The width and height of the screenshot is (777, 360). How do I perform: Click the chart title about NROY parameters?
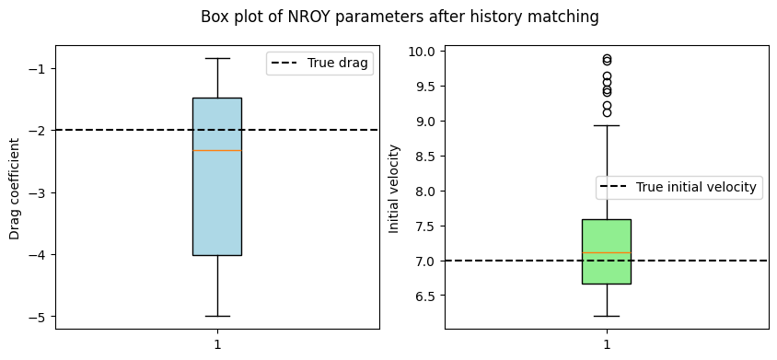click(x=400, y=17)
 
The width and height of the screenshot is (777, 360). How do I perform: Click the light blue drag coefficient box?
click(x=217, y=177)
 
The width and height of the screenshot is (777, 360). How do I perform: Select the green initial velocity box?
click(x=607, y=251)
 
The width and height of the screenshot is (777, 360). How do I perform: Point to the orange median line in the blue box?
click(x=217, y=150)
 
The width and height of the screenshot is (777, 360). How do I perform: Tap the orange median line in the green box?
click(x=607, y=253)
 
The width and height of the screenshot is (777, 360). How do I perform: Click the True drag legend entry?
click(x=320, y=64)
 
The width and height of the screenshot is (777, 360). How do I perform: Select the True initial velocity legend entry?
click(x=678, y=188)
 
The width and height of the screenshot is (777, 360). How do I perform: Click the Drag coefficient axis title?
click(x=15, y=189)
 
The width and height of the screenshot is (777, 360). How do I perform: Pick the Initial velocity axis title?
click(x=394, y=189)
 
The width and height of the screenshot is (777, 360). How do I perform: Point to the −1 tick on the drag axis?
click(x=40, y=68)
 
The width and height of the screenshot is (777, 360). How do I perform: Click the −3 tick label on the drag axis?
click(x=40, y=193)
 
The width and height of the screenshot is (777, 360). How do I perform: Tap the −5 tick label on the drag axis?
click(x=40, y=317)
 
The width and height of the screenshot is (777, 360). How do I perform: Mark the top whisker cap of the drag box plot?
click(x=217, y=59)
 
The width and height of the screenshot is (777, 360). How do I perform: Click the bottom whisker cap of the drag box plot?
click(x=217, y=316)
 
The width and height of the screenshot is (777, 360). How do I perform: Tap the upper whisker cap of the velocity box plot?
click(x=607, y=125)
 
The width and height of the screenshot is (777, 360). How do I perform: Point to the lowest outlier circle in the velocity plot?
click(x=607, y=112)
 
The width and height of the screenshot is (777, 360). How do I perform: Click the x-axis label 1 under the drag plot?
click(x=217, y=344)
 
